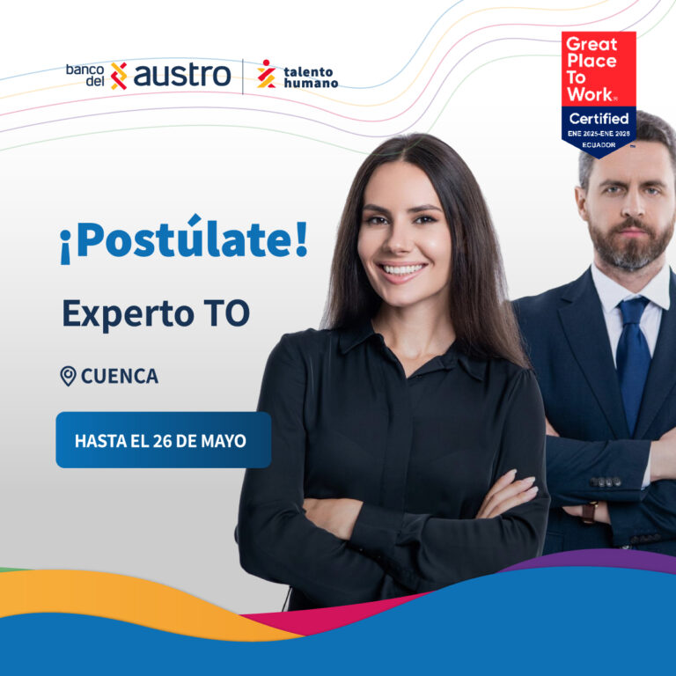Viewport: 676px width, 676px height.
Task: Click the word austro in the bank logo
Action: click(x=182, y=76)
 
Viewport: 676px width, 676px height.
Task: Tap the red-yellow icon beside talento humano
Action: click(x=266, y=74)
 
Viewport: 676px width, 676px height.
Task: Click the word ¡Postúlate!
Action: click(x=184, y=239)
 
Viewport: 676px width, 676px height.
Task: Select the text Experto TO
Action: click(x=156, y=314)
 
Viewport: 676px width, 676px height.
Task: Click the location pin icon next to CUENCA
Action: click(x=68, y=376)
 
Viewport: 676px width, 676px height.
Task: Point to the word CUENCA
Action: click(x=120, y=376)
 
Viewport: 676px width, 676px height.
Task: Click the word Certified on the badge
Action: click(x=599, y=119)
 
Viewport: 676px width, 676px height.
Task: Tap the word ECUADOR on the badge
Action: click(x=599, y=145)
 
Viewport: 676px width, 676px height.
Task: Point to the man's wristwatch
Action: click(x=590, y=512)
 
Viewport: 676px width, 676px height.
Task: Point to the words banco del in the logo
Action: click(x=84, y=76)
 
